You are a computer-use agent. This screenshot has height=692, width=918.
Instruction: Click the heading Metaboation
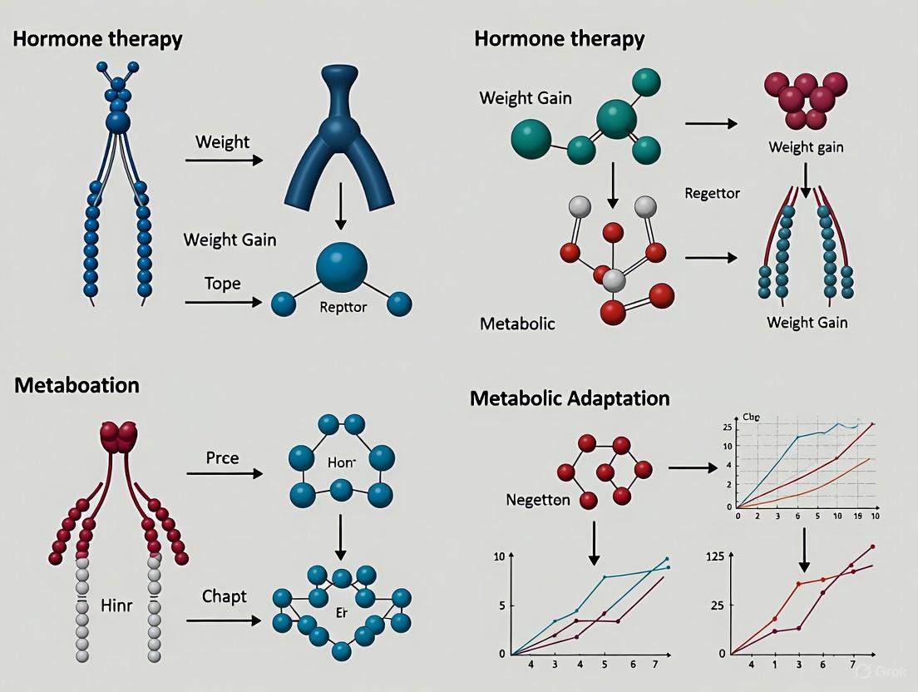tap(76, 386)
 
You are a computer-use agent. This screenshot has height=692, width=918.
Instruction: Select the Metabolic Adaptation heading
tap(570, 398)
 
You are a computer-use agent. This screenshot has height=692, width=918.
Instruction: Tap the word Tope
tap(222, 284)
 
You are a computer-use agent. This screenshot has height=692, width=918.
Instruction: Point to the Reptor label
tap(343, 307)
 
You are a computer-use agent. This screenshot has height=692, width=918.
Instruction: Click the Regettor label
tap(712, 193)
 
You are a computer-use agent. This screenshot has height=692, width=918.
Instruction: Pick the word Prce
tap(222, 458)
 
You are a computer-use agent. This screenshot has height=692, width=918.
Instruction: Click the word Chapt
tap(225, 596)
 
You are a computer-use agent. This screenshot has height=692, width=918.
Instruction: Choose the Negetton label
tap(538, 500)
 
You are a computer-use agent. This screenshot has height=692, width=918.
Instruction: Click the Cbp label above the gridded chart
tap(752, 418)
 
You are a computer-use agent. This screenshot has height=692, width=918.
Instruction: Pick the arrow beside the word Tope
tap(223, 302)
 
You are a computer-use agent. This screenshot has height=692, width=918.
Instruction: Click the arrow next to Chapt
tap(223, 620)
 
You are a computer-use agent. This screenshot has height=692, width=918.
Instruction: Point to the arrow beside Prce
tap(223, 474)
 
